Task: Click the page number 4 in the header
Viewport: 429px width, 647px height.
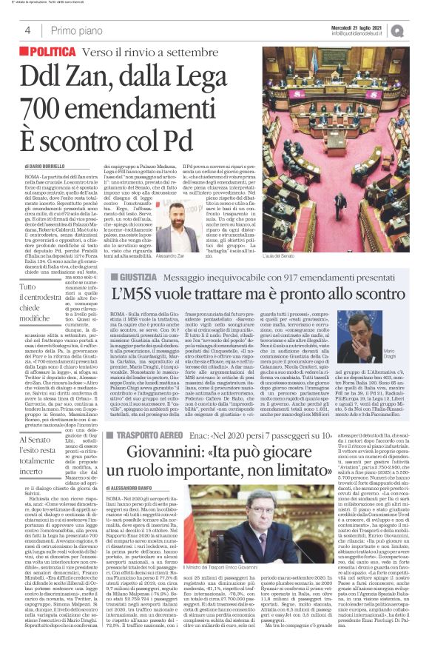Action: pyautogui.click(x=27, y=30)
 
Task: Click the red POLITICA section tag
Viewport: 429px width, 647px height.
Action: pyautogui.click(x=53, y=53)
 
